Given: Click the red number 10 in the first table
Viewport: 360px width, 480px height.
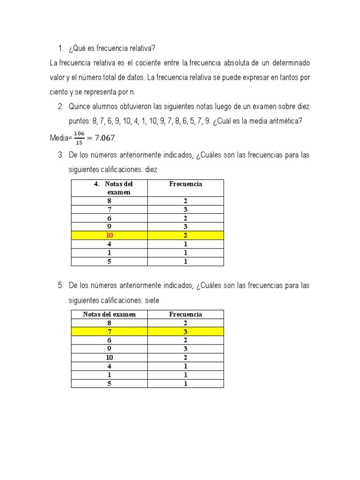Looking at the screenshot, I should coord(109,235).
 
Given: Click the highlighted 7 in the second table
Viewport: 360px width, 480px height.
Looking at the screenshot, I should coord(109,332).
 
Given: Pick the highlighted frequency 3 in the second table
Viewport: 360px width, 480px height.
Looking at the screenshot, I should coord(186,332).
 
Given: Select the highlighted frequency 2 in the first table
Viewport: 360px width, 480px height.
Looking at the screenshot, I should coord(186,235).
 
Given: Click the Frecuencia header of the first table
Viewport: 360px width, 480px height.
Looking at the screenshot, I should coord(186,184).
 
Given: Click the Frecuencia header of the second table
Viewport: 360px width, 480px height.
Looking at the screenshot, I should coord(186,315).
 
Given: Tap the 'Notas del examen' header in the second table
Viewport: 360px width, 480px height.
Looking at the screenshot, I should coord(109,315).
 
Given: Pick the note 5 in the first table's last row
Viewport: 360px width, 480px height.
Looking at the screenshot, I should coord(109,262).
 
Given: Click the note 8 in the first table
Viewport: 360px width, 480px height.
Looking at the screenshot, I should coord(109,201).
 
